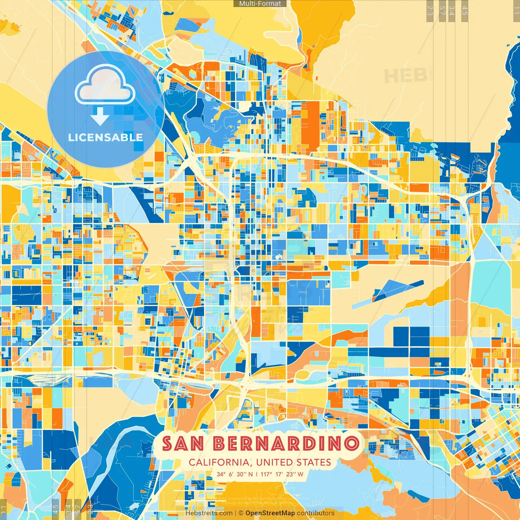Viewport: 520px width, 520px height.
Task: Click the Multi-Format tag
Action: (x=260, y=4)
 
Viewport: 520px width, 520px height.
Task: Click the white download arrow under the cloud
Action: (x=100, y=117)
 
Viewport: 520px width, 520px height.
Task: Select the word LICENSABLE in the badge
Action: (x=105, y=137)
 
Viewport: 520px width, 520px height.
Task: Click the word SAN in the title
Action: (x=183, y=444)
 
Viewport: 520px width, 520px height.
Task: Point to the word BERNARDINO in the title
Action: (x=286, y=444)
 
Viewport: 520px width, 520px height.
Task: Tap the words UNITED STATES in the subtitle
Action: (x=294, y=462)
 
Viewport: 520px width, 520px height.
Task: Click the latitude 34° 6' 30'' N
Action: (x=234, y=474)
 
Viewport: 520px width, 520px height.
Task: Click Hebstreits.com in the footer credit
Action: (x=209, y=513)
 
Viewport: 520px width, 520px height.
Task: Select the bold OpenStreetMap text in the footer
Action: (x=270, y=513)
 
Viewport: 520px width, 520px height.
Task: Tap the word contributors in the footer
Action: (x=316, y=513)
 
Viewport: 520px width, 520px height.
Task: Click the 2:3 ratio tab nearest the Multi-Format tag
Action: (x=429, y=10)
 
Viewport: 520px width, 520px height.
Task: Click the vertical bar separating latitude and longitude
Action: (x=257, y=474)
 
